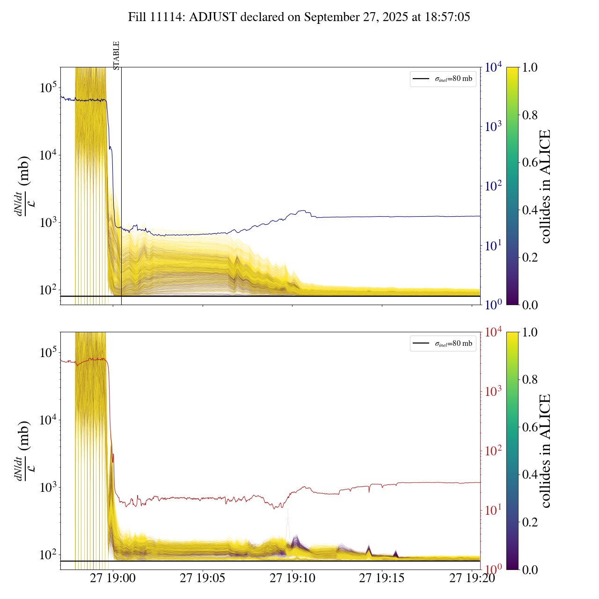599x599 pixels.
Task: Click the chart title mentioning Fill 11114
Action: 299,17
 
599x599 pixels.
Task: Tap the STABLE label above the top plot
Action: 117,55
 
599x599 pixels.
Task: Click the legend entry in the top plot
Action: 443,79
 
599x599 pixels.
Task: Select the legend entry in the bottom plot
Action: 443,343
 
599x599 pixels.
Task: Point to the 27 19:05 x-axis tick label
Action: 202,578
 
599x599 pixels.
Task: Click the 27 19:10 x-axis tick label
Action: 292,578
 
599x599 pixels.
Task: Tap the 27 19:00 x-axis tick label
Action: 113,578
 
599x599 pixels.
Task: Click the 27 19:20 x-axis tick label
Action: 472,578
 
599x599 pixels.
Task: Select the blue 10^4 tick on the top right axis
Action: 494,67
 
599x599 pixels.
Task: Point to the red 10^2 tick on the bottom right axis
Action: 494,451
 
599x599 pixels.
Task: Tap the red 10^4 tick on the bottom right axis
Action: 494,332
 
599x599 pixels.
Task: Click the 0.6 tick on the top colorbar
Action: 530,162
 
